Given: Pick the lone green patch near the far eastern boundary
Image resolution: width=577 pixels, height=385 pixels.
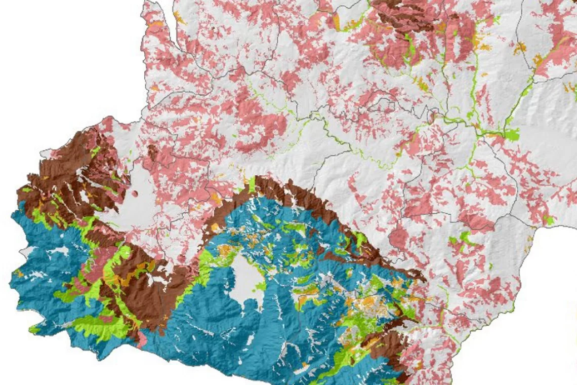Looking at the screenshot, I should (x=547, y=220).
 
